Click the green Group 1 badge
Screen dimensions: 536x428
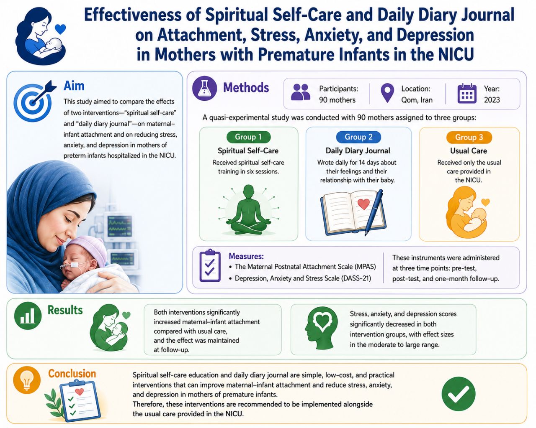click(x=248, y=137)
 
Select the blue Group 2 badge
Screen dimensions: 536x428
click(x=358, y=137)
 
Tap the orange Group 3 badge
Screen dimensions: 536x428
click(x=469, y=137)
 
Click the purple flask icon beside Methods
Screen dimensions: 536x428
click(x=204, y=88)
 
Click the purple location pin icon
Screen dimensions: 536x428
click(x=387, y=93)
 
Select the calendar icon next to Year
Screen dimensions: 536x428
click(x=467, y=94)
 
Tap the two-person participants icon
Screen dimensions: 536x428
click(x=301, y=92)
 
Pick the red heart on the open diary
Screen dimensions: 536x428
click(x=363, y=204)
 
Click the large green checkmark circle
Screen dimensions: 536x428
click(x=458, y=394)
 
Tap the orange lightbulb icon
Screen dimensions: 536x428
click(x=27, y=380)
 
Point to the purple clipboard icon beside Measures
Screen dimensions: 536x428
click(x=210, y=265)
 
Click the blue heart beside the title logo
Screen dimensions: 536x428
click(x=60, y=29)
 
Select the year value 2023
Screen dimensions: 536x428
click(x=492, y=100)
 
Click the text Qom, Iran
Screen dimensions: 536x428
click(x=417, y=100)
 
